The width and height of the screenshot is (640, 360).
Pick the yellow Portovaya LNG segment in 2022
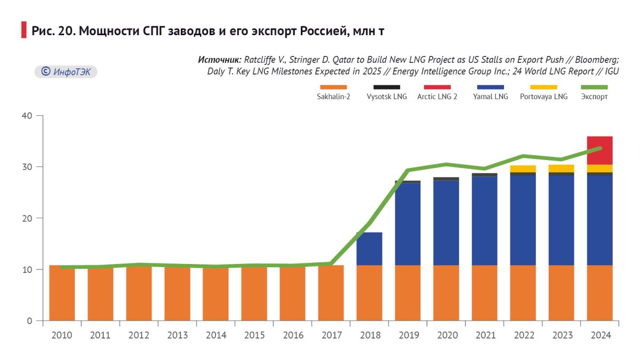(523, 169)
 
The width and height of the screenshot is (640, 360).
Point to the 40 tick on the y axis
(27, 116)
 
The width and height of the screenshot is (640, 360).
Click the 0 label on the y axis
(30, 321)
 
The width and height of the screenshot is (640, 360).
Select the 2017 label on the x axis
(331, 335)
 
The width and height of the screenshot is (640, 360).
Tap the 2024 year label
(599, 335)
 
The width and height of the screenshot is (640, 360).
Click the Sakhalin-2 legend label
(333, 97)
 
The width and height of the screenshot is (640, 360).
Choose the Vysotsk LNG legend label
(387, 97)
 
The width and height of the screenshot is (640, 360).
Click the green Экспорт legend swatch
(594, 87)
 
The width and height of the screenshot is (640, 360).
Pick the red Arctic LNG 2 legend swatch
(437, 87)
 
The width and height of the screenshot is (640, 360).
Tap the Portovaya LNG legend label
(543, 97)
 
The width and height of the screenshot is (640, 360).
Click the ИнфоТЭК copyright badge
(66, 71)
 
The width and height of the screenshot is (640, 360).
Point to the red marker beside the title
(23, 30)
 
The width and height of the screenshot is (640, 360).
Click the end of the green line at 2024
(600, 148)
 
